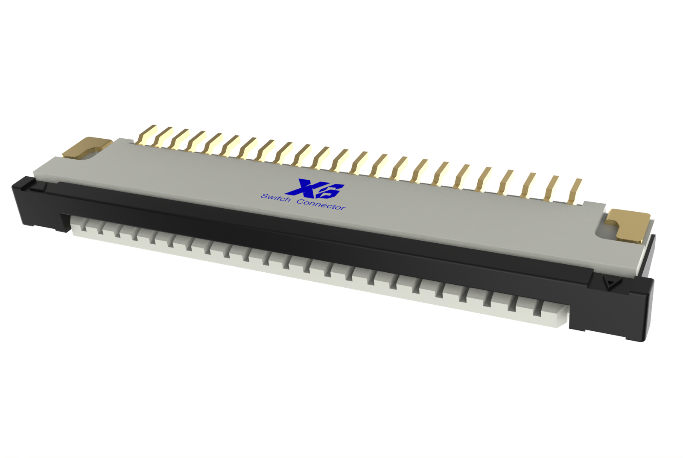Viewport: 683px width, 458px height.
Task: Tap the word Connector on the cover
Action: click(x=321, y=204)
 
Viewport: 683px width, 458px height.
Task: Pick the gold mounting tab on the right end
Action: click(x=629, y=224)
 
